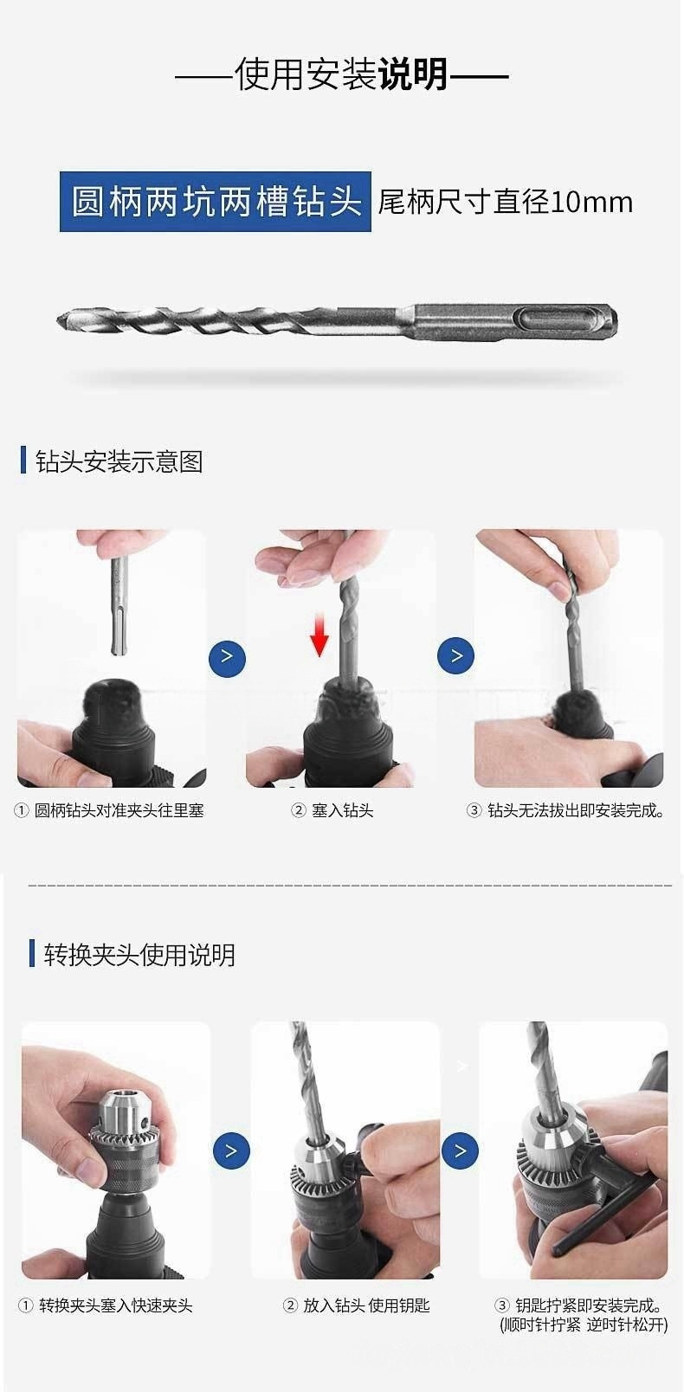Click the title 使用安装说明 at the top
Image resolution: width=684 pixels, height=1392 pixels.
pos(342,75)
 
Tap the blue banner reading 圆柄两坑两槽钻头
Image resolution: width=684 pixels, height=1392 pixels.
pos(215,202)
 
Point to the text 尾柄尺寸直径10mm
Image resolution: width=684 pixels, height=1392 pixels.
pos(505,202)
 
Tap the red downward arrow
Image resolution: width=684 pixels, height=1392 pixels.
pos(319,633)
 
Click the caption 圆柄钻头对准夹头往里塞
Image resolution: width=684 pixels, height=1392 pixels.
pos(119,810)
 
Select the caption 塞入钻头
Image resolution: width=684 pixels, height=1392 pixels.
pos(343,810)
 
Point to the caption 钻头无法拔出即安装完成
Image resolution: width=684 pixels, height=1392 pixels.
pos(576,810)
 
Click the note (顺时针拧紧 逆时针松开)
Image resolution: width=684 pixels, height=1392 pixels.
pos(584,1324)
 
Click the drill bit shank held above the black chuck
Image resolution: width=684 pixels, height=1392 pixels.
pos(118,605)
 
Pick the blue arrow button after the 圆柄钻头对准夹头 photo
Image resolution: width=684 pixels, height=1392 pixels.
pos(227,658)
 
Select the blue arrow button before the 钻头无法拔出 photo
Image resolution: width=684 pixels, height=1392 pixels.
pos(455,655)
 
